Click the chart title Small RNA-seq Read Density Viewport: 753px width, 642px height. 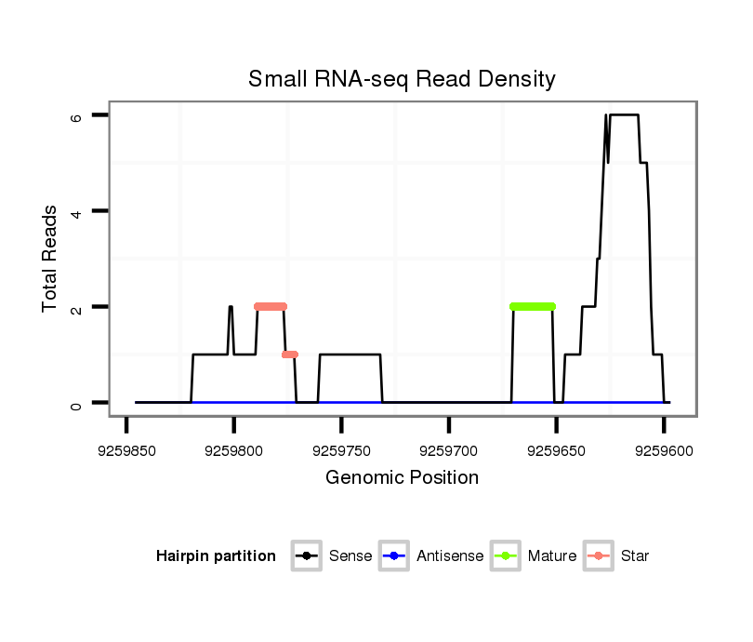[402, 79]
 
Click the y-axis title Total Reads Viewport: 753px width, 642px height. [50, 259]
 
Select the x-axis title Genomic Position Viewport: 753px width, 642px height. [402, 478]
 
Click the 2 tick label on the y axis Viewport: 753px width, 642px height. [77, 307]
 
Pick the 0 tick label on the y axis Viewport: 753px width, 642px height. [77, 403]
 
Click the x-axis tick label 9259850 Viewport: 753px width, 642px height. [126, 450]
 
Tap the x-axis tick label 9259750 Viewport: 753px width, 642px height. [341, 450]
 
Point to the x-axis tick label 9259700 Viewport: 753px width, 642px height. [449, 450]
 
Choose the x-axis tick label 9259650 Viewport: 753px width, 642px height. [556, 450]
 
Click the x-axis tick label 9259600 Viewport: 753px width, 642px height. [663, 450]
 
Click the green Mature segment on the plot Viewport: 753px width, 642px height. [533, 306]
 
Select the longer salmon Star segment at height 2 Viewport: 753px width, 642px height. [271, 306]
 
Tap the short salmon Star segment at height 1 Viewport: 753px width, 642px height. [290, 354]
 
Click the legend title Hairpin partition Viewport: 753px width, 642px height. [216, 556]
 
